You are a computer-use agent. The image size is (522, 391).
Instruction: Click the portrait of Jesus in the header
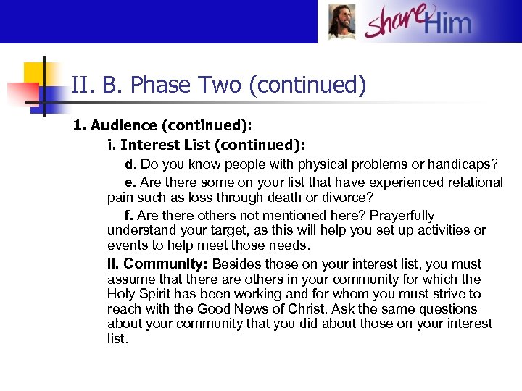coord(341,22)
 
